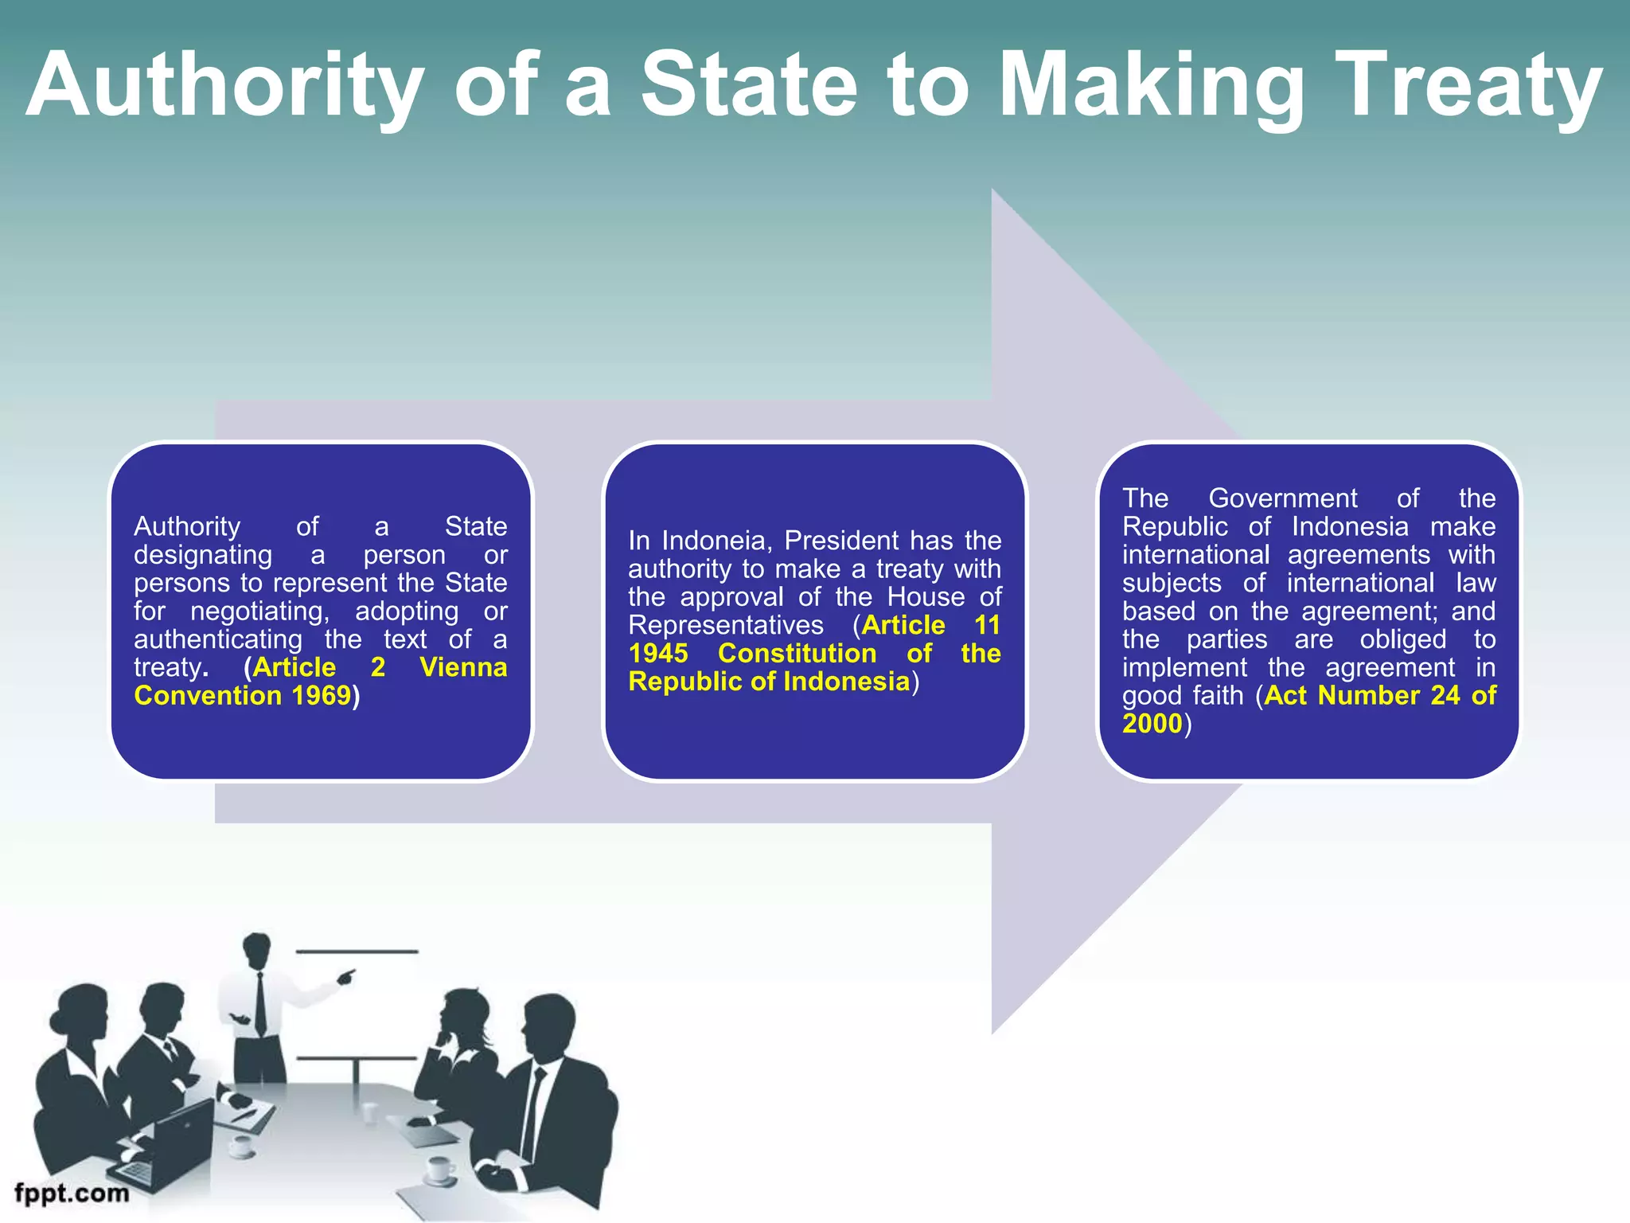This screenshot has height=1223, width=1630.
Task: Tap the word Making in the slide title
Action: point(1151,86)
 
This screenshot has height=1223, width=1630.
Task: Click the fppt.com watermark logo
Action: point(72,1193)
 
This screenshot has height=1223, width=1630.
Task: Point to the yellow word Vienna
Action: point(463,667)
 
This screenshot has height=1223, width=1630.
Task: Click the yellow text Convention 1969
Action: point(243,696)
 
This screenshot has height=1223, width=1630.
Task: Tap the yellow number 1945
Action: point(658,654)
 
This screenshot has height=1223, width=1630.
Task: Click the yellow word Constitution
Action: point(797,654)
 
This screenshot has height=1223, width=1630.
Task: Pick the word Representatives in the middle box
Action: point(726,626)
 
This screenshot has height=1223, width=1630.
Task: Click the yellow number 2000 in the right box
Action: point(1152,724)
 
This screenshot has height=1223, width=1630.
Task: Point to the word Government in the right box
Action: point(1282,498)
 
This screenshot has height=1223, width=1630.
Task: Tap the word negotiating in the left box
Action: point(259,611)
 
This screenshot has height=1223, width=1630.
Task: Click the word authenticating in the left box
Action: point(218,639)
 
